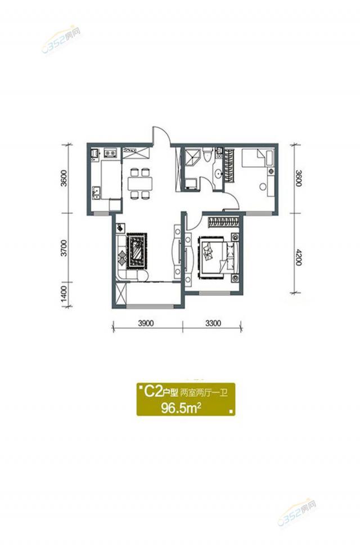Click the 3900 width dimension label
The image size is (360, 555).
click(x=146, y=323)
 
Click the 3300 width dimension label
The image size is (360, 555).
click(x=213, y=323)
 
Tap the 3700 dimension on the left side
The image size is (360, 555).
click(x=64, y=248)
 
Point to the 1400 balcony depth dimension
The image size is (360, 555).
click(x=64, y=293)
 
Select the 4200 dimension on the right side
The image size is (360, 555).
click(x=298, y=257)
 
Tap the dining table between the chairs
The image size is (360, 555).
click(x=140, y=183)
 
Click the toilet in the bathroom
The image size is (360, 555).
click(x=208, y=155)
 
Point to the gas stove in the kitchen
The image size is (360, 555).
click(x=111, y=153)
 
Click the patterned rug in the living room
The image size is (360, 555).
click(x=137, y=250)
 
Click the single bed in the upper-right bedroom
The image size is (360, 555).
click(x=258, y=158)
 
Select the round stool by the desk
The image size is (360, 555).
click(x=263, y=186)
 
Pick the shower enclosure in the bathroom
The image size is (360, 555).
click(x=192, y=156)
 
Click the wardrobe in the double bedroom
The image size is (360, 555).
click(x=223, y=222)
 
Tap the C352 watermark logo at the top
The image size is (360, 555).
click(x=61, y=39)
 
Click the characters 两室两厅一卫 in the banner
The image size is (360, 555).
click(x=204, y=392)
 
